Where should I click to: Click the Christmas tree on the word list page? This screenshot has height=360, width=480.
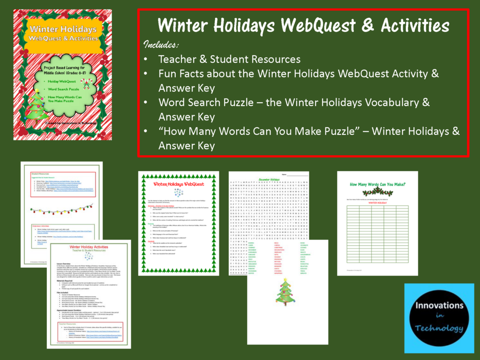click(x=284, y=292)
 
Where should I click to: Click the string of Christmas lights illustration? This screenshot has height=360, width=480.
click(x=61, y=209)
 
